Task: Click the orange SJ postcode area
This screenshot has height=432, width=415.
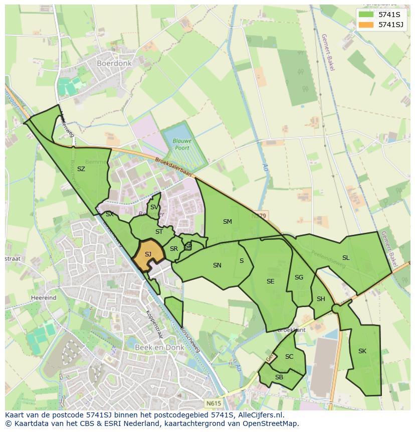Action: click(x=148, y=254)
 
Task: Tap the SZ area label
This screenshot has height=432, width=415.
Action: click(x=81, y=169)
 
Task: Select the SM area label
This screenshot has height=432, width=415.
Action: click(x=228, y=221)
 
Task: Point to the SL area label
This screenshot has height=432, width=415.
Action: click(x=346, y=258)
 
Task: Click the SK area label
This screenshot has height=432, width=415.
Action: click(x=362, y=351)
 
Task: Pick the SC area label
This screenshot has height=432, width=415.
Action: click(x=289, y=357)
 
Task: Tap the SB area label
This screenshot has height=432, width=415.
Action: click(x=279, y=377)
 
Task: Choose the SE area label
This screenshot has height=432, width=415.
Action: click(x=271, y=281)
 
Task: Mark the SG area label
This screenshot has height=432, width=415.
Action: click(x=299, y=277)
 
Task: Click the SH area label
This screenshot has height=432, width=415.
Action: click(x=321, y=299)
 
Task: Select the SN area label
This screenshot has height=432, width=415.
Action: click(x=217, y=265)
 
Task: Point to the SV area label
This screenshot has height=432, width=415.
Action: click(x=154, y=207)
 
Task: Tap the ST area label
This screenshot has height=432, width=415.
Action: click(x=159, y=232)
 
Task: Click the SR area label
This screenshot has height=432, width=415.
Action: click(x=174, y=249)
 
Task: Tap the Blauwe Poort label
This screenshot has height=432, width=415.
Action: click(x=182, y=145)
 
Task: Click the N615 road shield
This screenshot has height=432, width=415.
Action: click(x=213, y=402)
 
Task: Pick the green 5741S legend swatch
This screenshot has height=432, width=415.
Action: click(x=366, y=15)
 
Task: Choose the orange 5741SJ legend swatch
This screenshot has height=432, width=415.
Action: click(x=366, y=24)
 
